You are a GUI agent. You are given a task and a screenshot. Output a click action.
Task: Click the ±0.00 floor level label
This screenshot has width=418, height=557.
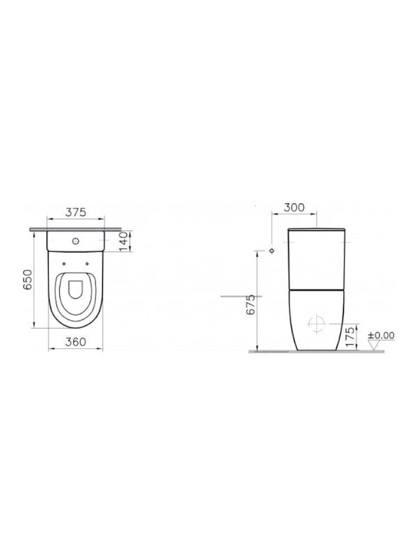coord(381,335)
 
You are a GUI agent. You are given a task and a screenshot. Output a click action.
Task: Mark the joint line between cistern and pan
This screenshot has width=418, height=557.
coord(317,286)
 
